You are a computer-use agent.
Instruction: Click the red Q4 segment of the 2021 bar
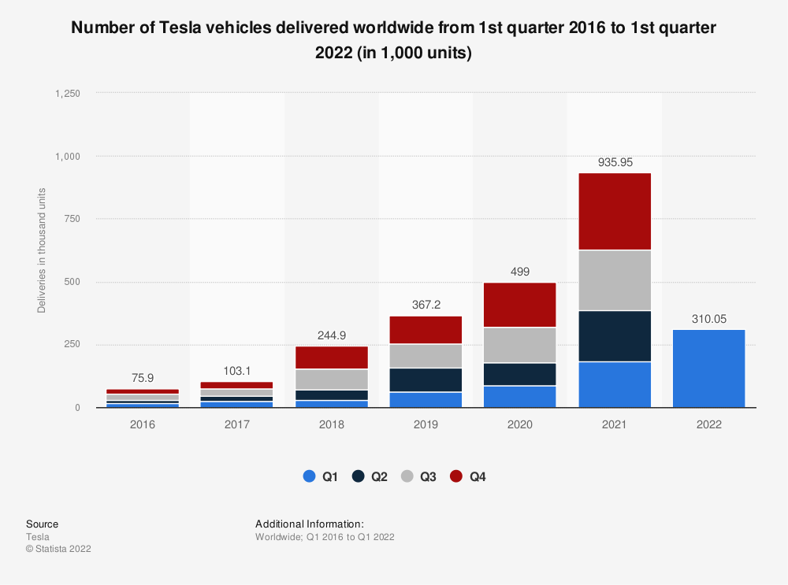[x=615, y=211]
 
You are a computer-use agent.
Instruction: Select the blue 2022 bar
[x=708, y=368]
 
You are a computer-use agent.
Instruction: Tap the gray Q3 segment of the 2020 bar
[x=520, y=345]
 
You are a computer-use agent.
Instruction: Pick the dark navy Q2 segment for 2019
[x=426, y=380]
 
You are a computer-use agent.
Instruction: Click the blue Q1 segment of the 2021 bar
[x=615, y=384]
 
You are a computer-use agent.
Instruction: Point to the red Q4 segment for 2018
[x=331, y=357]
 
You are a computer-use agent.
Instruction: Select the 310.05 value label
[x=708, y=318]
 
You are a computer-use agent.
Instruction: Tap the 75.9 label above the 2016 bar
[x=143, y=378]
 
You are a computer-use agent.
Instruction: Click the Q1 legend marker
[x=309, y=476]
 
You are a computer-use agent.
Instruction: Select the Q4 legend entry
[x=468, y=476]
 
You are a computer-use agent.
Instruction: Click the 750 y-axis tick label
[x=73, y=219]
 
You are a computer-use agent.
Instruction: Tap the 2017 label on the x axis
[x=237, y=424]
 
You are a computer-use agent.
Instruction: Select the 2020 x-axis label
[x=520, y=424]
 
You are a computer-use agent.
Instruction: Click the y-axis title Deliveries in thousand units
[x=42, y=250]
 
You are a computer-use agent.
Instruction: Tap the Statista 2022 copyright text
[x=58, y=549]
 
